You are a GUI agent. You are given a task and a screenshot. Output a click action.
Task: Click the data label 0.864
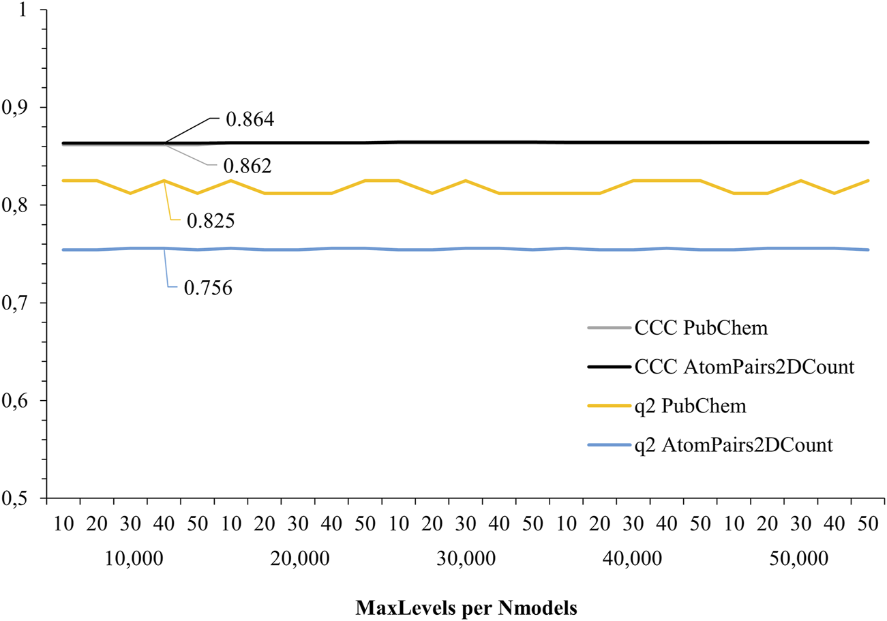[250, 121]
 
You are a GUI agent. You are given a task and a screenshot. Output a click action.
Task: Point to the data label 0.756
[209, 288]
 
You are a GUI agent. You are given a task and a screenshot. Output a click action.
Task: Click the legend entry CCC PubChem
[702, 328]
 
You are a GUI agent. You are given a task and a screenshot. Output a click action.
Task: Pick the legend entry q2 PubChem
[689, 406]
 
